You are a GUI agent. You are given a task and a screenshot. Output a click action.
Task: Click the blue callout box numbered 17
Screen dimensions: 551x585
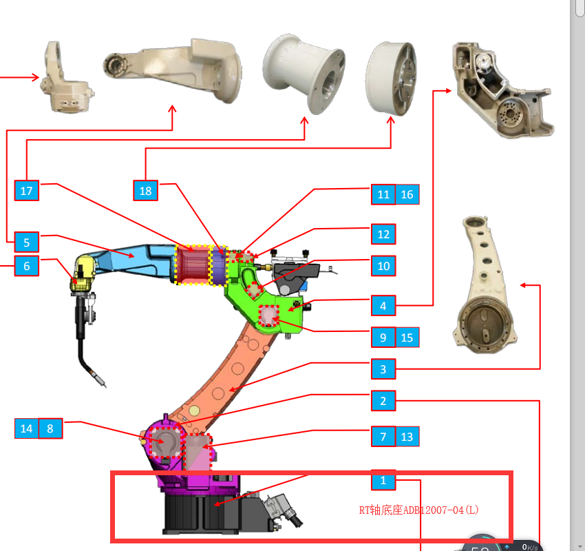click(x=27, y=191)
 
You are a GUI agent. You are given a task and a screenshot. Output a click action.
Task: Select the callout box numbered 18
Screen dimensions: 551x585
click(x=145, y=191)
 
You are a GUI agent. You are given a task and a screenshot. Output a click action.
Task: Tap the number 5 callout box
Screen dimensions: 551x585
click(x=27, y=242)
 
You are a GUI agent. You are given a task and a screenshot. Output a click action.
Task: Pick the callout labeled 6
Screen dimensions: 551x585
click(x=27, y=266)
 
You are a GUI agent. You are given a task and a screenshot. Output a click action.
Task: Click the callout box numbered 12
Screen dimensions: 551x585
click(x=383, y=234)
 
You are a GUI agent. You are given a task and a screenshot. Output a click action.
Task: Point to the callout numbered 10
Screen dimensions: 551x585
click(x=383, y=266)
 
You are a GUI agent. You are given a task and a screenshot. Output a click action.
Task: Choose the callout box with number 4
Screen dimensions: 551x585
click(x=383, y=304)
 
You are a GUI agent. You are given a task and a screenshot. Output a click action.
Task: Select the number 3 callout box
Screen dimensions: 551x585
click(x=383, y=369)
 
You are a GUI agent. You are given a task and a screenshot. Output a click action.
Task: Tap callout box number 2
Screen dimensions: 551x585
click(x=383, y=400)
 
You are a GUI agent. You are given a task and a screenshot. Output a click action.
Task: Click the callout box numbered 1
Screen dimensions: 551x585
click(x=383, y=480)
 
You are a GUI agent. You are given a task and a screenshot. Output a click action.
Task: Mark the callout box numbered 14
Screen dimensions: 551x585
click(x=26, y=428)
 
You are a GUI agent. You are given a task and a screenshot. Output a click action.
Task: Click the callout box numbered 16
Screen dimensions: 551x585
click(x=407, y=195)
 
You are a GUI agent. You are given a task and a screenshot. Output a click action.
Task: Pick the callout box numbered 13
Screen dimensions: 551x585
click(x=407, y=437)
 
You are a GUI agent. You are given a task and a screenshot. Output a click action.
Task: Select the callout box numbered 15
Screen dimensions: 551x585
click(x=407, y=337)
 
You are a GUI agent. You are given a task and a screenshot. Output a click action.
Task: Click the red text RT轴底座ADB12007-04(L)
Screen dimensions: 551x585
click(x=418, y=510)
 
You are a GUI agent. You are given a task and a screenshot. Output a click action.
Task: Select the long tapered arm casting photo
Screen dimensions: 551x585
click(x=485, y=282)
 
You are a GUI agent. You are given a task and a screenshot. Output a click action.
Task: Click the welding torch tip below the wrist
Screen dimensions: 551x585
click(x=101, y=381)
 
